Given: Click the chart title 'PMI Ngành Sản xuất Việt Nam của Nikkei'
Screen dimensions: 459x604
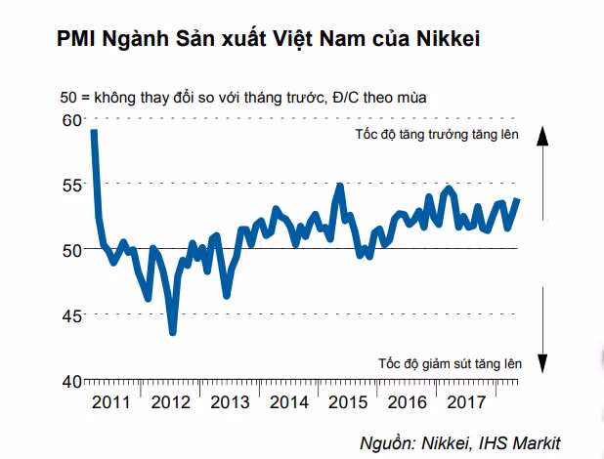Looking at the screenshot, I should coord(257,40).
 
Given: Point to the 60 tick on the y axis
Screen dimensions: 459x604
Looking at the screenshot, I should coord(70,120).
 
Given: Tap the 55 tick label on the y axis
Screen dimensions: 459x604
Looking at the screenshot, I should coord(70,184).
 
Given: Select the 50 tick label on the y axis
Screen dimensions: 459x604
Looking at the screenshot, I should coord(70,249).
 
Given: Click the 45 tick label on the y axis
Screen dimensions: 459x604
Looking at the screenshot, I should coord(70,314).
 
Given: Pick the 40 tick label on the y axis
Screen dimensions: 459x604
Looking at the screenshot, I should coord(70,381).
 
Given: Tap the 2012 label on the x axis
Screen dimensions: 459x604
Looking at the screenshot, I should coord(170,401).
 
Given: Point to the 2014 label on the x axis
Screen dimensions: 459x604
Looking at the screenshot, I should coord(289,401).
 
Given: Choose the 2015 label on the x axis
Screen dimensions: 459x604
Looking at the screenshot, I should coord(349,401).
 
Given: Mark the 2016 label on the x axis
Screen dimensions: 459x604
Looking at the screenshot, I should coord(409,401).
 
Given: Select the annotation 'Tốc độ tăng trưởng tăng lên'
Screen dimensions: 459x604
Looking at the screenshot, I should coord(436,135).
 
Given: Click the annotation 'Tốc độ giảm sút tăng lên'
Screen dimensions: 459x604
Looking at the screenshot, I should coord(450,363).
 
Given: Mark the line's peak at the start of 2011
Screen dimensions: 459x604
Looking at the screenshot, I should coord(93,131).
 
